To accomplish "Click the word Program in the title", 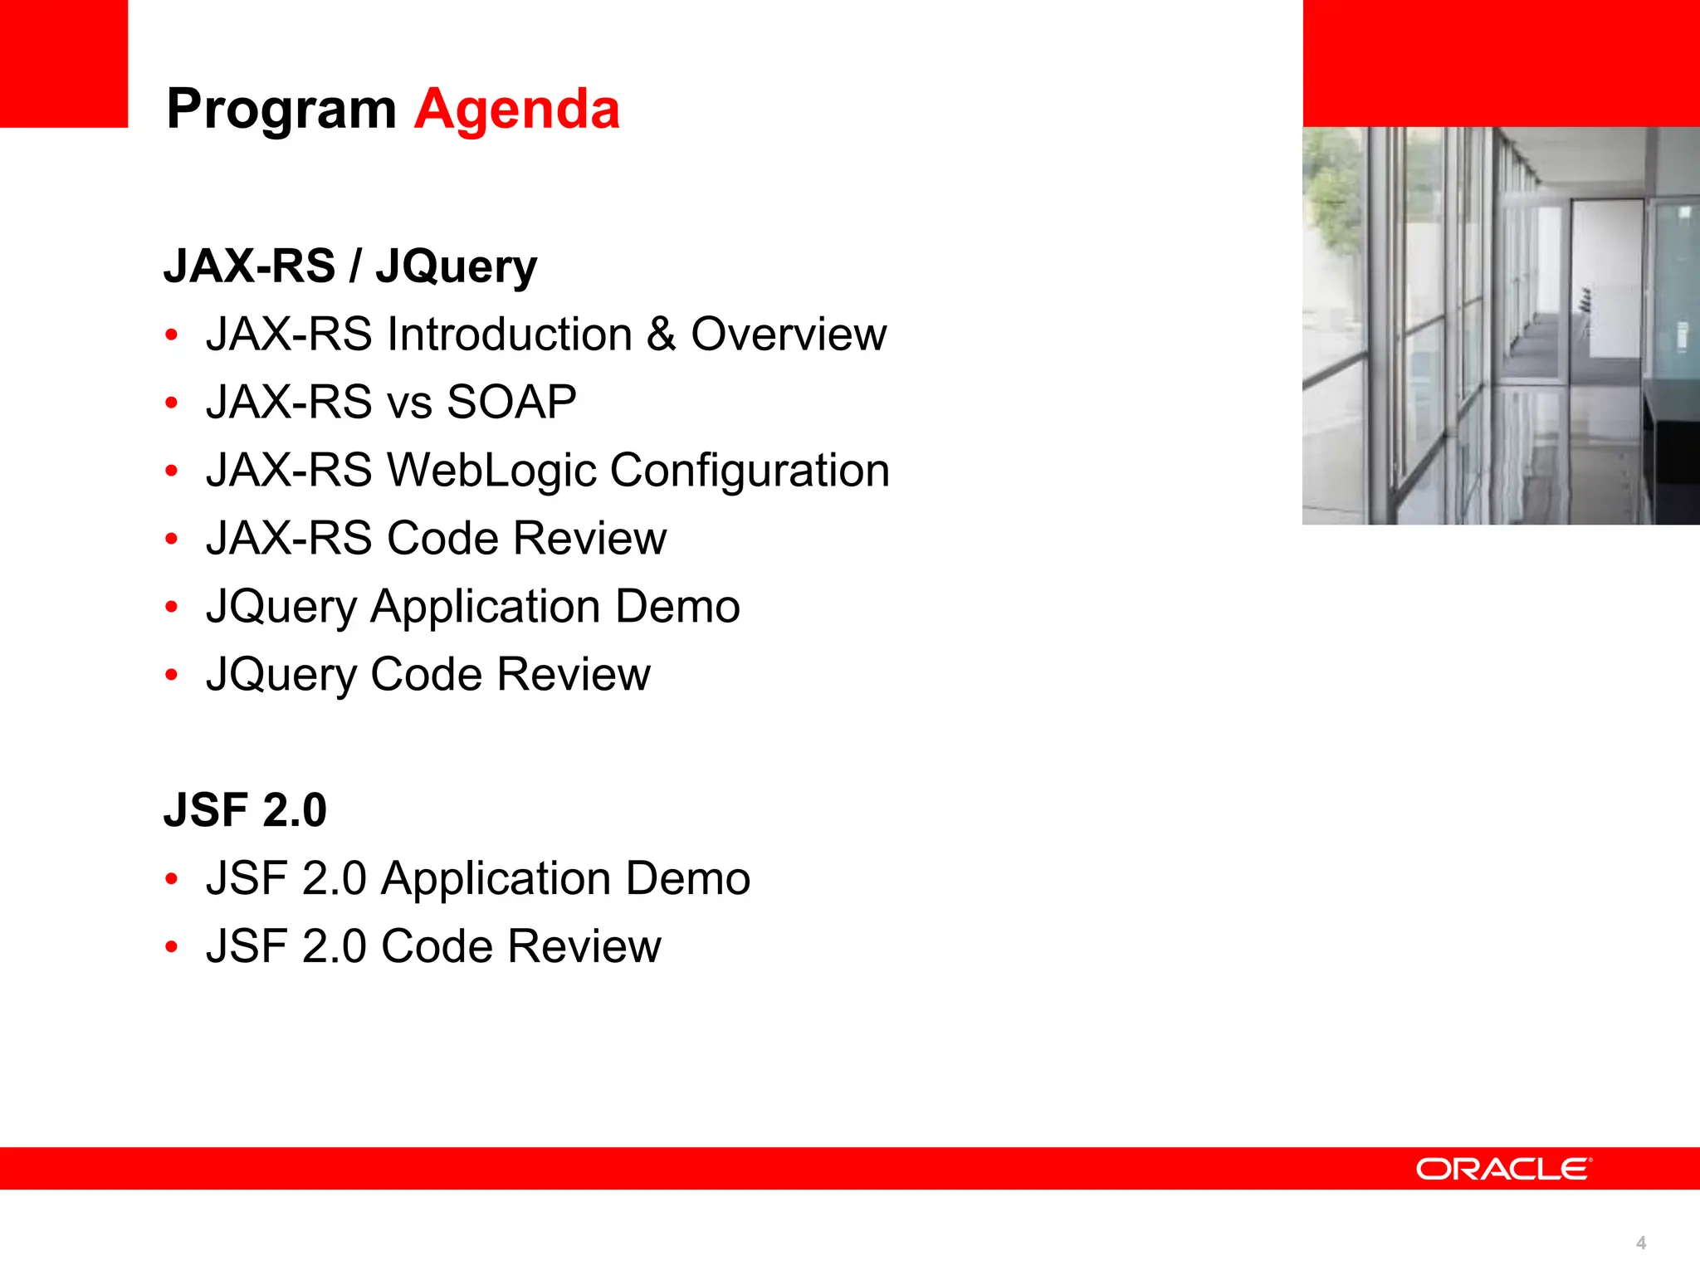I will tap(281, 110).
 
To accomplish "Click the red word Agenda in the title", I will tap(516, 109).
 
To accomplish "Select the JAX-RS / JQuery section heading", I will tap(350, 266).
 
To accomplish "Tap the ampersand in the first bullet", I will tap(662, 334).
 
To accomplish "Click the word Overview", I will tap(789, 334).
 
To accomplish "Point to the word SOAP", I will tap(511, 402).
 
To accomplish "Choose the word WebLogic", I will tap(492, 471).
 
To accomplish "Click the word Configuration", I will tap(750, 471).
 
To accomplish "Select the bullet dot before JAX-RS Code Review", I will tap(172, 540).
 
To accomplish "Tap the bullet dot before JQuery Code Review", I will tap(172, 675).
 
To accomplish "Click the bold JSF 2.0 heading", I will tap(245, 810).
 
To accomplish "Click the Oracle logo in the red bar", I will tap(1503, 1169).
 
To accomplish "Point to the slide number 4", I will tap(1641, 1243).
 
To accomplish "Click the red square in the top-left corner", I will tap(64, 63).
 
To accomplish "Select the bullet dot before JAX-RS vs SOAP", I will tap(172, 403).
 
